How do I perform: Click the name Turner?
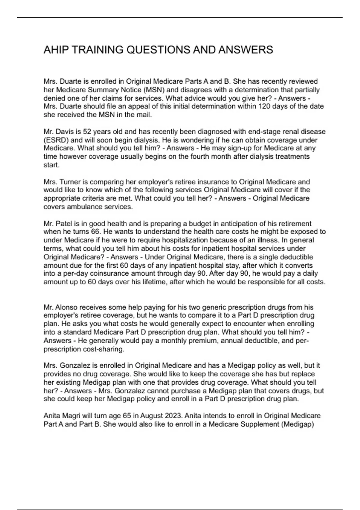pos(69,182)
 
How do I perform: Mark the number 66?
pos(85,232)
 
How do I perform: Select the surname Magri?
pos(73,416)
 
